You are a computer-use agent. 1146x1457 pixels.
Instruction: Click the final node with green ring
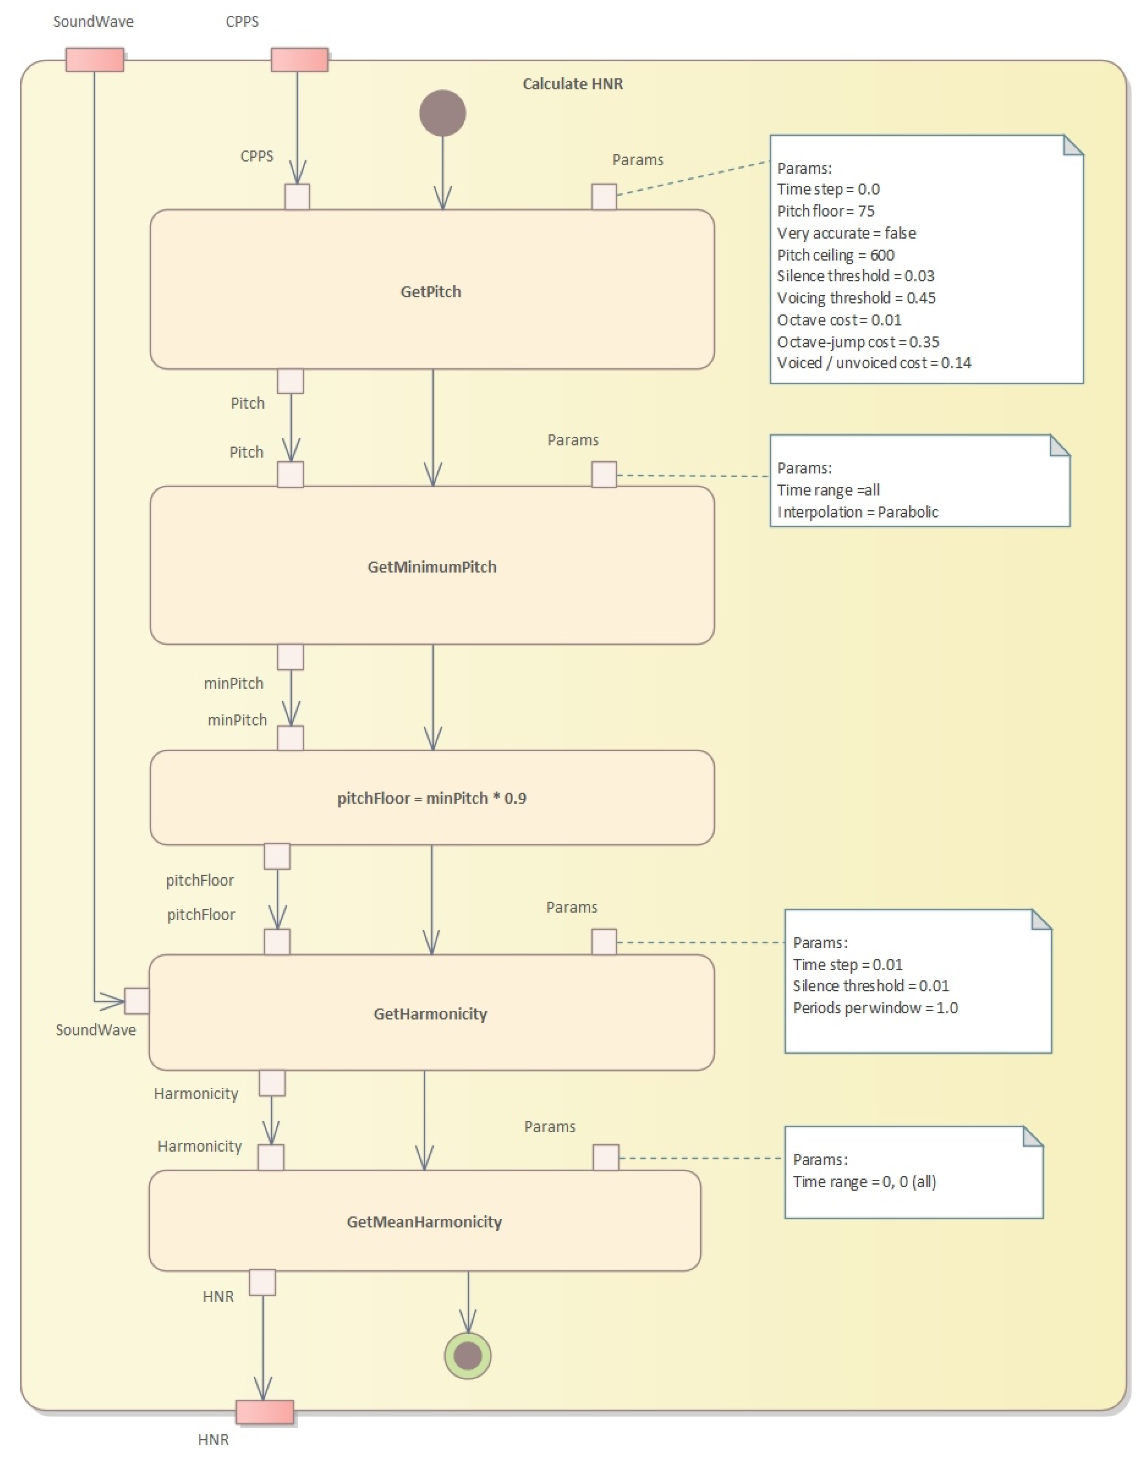pos(468,1356)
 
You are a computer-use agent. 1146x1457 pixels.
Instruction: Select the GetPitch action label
pos(431,291)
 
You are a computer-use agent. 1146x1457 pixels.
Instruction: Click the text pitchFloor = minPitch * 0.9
pos(431,798)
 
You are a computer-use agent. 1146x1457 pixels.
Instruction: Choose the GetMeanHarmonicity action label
pos(424,1221)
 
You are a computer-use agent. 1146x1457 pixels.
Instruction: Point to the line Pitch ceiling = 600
pos(835,255)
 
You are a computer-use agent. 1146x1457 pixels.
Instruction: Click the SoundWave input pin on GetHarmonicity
pos(137,1001)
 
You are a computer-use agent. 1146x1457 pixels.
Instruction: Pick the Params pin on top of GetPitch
pos(604,197)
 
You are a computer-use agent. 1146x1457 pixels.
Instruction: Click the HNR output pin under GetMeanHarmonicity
pos(262,1283)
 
